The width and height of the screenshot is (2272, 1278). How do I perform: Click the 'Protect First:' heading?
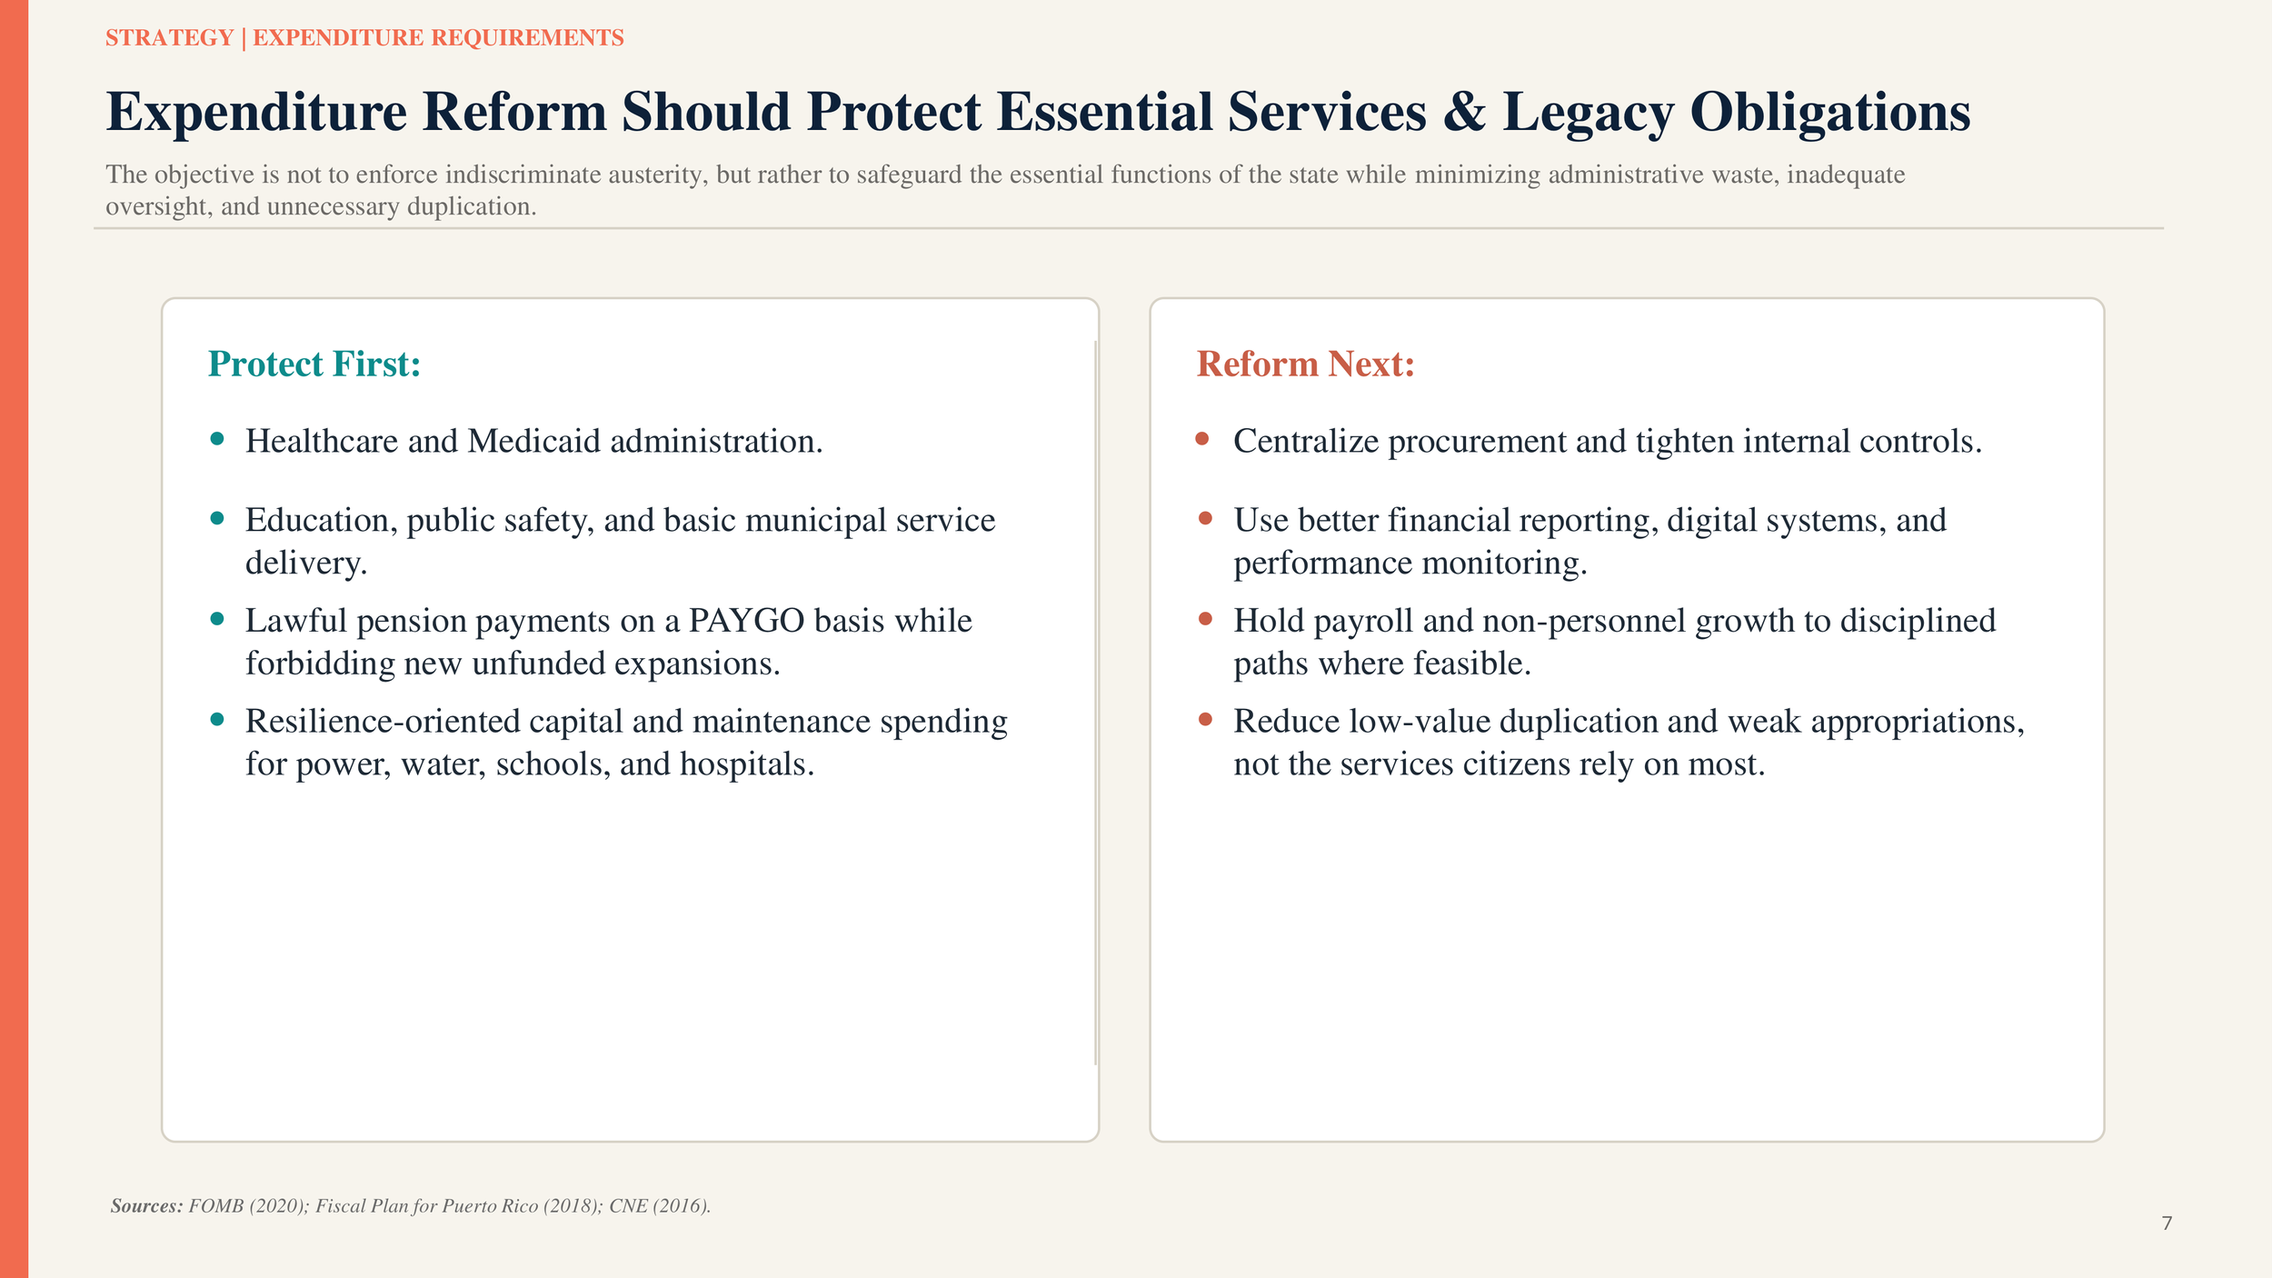[314, 364]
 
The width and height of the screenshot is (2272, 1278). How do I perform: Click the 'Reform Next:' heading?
[1305, 364]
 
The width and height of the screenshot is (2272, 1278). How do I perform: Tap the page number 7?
[2167, 1223]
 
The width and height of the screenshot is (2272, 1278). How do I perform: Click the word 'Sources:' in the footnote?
[146, 1206]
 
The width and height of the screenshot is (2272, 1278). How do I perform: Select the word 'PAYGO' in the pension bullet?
[746, 621]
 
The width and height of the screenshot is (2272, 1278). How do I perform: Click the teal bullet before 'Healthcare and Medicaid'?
[217, 439]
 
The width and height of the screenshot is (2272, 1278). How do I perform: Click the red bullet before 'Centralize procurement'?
[1202, 439]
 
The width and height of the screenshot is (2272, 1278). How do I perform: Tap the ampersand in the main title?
[1464, 113]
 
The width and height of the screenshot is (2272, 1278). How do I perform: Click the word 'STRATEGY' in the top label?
[170, 38]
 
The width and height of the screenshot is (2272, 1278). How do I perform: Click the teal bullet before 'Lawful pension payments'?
[217, 619]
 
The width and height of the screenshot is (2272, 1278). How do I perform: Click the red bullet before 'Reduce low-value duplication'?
[1205, 719]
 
